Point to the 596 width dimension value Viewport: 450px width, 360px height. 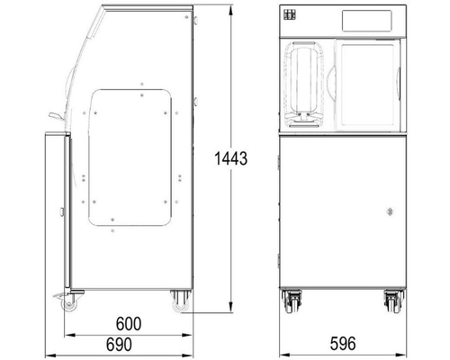[339, 345]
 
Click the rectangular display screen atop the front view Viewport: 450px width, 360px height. [367, 20]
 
